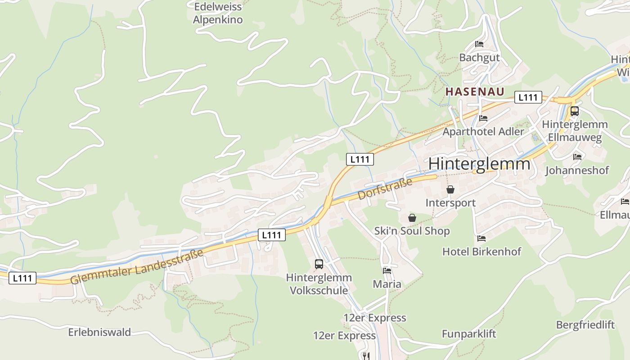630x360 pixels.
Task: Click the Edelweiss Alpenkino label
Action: [x=218, y=13]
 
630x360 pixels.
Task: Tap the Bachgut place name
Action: [x=479, y=58]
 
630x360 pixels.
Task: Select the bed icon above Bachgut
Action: [x=479, y=44]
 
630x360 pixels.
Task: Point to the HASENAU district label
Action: [x=474, y=91]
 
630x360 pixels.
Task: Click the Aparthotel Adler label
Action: [x=483, y=132]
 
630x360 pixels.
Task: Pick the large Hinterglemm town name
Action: [x=479, y=164]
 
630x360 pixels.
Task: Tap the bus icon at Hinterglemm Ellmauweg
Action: [x=575, y=111]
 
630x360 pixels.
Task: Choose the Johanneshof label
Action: [x=577, y=171]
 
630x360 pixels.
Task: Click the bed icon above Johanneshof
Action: [x=577, y=157]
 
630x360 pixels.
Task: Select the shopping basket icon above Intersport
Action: [x=450, y=189]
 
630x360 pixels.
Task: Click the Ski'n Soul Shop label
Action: [x=412, y=231]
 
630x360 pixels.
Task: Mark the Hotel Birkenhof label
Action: [x=481, y=252]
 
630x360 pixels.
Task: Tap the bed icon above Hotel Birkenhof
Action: [x=481, y=238]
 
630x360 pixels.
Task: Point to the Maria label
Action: [x=387, y=284]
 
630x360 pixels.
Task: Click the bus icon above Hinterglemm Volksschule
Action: [x=319, y=264]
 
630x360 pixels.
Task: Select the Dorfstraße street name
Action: [x=385, y=189]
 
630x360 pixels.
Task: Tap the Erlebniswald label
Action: [x=99, y=333]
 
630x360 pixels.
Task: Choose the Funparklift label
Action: [x=468, y=334]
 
